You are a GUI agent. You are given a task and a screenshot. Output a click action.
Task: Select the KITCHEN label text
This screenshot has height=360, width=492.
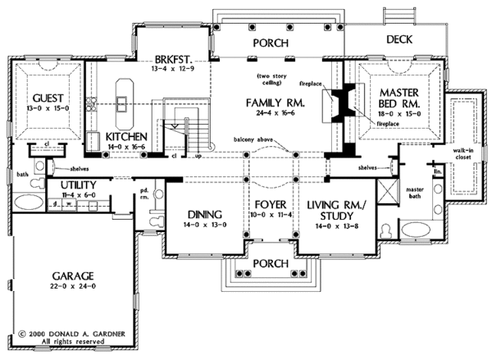click(126, 136)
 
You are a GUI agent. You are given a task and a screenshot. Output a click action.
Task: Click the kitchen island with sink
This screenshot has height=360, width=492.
click(123, 93)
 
